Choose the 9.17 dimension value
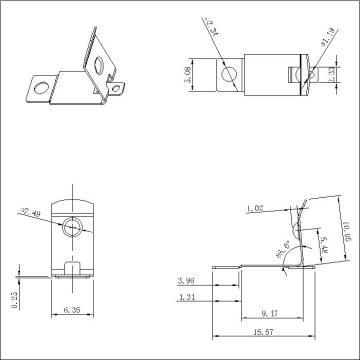tap(270, 311)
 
